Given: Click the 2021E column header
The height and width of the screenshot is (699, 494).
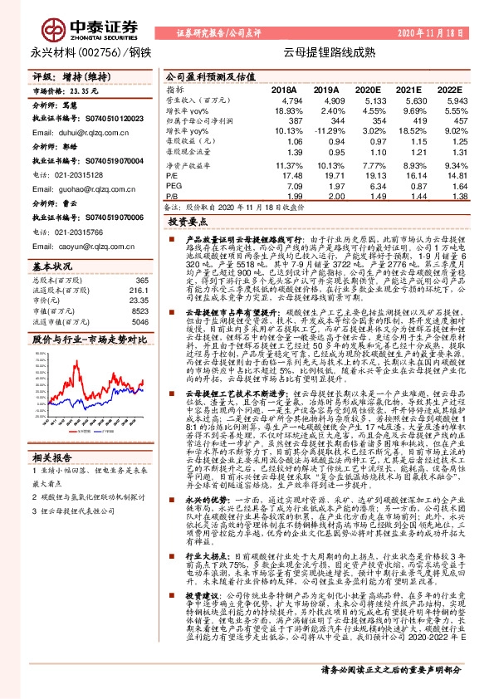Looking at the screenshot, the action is click(408, 89).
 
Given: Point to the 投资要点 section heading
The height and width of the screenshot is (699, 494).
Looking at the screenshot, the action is click(187, 223).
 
